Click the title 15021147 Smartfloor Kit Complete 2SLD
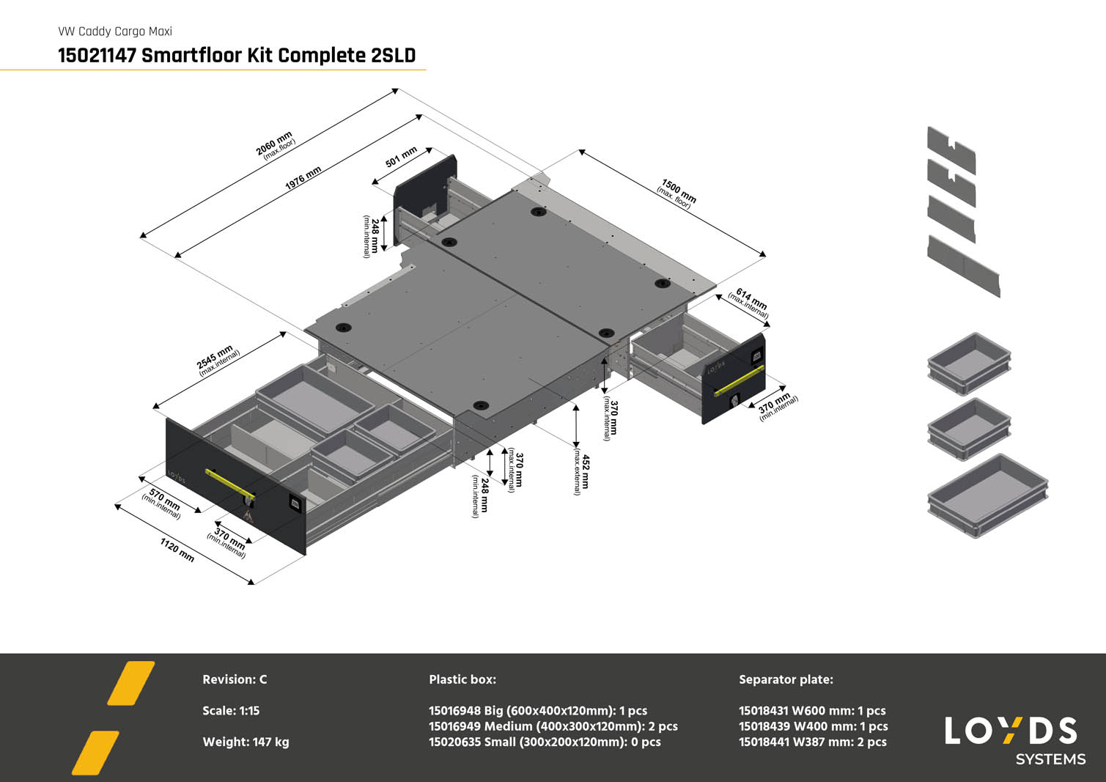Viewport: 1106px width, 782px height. (x=237, y=55)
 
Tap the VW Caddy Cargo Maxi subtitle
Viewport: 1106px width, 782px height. (x=115, y=32)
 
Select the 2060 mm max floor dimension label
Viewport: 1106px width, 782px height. (x=276, y=144)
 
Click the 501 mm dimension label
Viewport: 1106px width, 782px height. (x=401, y=157)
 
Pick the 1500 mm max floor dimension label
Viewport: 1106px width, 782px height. (x=677, y=193)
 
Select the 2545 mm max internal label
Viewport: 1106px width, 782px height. (x=217, y=359)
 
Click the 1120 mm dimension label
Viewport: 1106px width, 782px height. (x=177, y=550)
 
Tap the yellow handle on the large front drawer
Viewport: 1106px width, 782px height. (x=229, y=484)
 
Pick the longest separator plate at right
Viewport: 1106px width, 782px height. (x=963, y=265)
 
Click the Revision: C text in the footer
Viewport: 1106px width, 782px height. (x=235, y=679)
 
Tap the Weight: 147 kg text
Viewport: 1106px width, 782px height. (x=246, y=742)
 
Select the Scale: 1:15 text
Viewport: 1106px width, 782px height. (x=231, y=710)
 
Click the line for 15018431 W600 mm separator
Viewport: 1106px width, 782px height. (x=812, y=710)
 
